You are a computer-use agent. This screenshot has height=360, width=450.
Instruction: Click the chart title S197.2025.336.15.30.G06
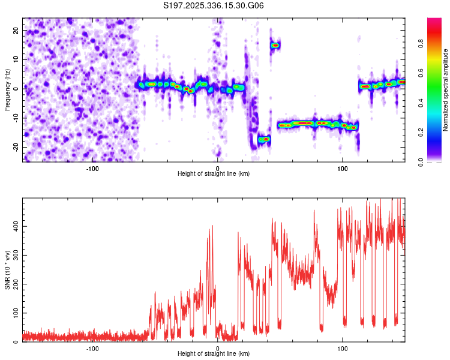214,6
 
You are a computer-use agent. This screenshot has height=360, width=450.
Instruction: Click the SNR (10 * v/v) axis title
7,271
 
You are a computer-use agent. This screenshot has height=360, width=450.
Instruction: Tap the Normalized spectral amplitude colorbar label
446,90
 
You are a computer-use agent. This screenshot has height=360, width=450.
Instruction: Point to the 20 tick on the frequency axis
15,30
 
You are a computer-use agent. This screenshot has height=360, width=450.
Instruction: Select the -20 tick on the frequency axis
14,147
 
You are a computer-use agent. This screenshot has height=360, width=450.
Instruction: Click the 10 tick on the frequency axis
15,59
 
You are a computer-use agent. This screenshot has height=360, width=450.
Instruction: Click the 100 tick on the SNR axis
13,313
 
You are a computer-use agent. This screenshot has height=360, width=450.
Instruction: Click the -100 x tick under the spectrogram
92,168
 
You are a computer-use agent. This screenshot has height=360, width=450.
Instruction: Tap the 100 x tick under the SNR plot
343,348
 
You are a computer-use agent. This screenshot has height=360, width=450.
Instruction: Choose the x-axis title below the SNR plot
214,355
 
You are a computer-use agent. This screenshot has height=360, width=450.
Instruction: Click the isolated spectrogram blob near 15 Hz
275,45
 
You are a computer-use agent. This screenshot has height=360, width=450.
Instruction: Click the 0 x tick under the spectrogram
218,168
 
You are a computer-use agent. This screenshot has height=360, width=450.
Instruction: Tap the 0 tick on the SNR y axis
17,342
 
